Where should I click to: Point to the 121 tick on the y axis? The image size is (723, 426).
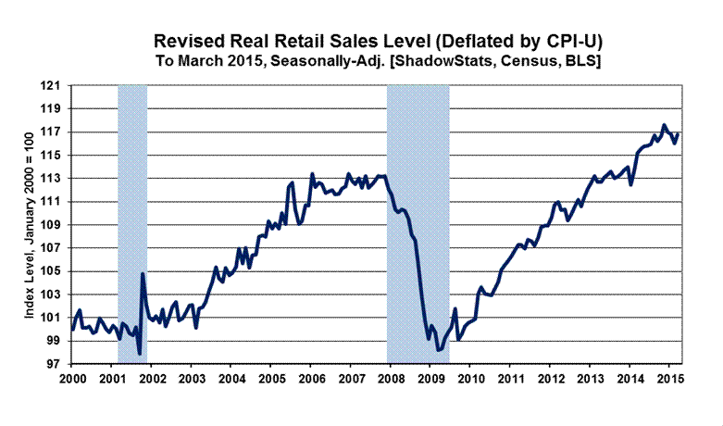tap(55, 85)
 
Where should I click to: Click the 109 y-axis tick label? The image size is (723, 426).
tap(55, 225)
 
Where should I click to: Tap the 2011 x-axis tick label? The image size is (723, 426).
tap(509, 380)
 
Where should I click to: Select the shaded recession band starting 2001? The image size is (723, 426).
tap(132, 222)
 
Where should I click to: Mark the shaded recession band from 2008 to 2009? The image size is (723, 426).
tap(418, 222)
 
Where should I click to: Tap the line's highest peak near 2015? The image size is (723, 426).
tap(664, 125)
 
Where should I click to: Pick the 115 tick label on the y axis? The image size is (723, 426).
tap(55, 155)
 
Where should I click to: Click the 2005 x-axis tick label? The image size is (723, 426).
tap(270, 380)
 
